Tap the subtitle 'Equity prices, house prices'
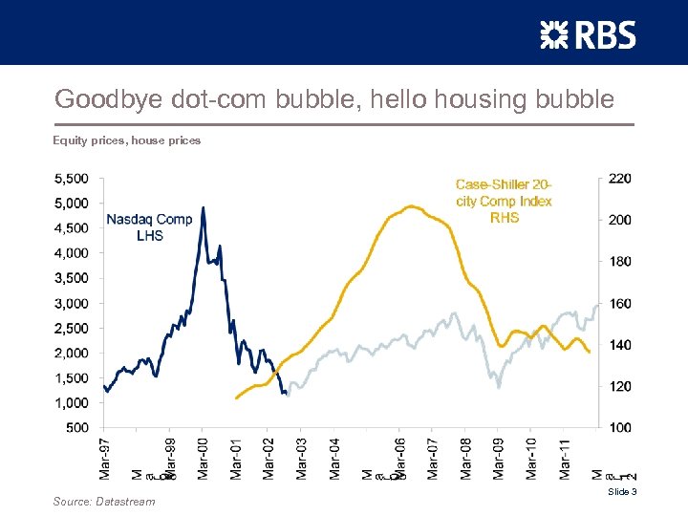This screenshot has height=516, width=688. [126, 140]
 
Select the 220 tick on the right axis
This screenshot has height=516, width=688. [619, 178]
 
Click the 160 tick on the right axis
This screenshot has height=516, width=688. [619, 303]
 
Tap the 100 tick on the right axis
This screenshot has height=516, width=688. [619, 428]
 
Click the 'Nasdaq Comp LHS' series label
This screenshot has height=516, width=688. [149, 226]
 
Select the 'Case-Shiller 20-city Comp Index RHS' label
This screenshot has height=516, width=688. [504, 201]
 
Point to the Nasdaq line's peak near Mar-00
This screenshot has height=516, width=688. [204, 207]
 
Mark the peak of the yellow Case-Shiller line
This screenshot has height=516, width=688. [412, 205]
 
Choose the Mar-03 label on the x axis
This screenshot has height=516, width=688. [302, 458]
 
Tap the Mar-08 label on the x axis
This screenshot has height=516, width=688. [466, 458]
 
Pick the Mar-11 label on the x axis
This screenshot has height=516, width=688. [565, 458]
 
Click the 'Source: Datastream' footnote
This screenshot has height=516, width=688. [104, 501]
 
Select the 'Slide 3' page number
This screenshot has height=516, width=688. [621, 491]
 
